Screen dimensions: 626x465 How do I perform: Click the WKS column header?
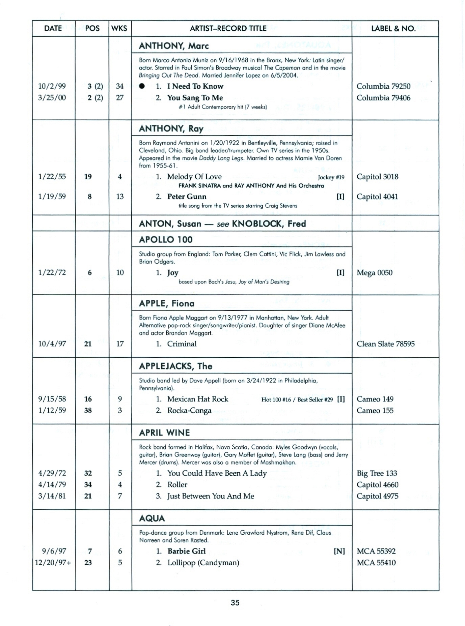(119, 29)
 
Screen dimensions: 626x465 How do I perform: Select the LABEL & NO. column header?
(393, 29)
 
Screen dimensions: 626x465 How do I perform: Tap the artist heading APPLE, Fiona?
(167, 303)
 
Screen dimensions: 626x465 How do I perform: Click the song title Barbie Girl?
(187, 551)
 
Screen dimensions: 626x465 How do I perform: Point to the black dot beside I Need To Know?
(142, 86)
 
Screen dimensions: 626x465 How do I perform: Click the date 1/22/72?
(52, 273)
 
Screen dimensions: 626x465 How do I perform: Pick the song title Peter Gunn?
(187, 197)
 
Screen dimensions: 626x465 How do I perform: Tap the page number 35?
(235, 603)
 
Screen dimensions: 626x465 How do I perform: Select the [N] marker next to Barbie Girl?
(339, 551)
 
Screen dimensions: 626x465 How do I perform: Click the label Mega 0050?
(375, 273)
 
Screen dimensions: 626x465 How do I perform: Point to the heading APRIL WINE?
(164, 433)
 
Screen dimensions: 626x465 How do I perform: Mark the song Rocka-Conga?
(189, 411)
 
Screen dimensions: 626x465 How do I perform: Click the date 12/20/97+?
(53, 563)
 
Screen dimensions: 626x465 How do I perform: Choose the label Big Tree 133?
(377, 473)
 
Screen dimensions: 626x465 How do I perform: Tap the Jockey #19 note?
(331, 177)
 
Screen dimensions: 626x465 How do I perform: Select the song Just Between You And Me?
(211, 496)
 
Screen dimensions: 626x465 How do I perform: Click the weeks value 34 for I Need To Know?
(120, 86)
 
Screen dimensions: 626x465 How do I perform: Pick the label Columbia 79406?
(383, 98)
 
